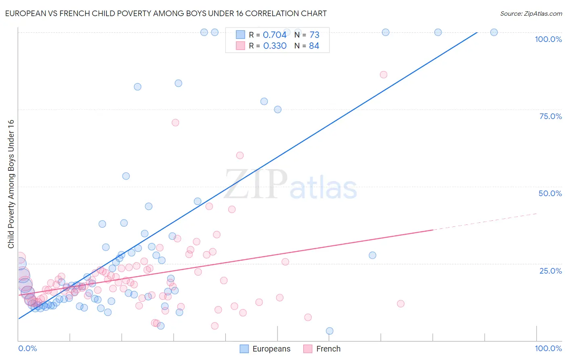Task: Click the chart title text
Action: click(x=166, y=13)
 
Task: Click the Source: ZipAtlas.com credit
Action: click(x=531, y=13)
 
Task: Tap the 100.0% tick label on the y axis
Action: click(x=548, y=39)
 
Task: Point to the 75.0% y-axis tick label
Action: click(x=550, y=116)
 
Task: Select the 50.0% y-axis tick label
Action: click(x=550, y=193)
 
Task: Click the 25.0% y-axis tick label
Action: click(x=550, y=270)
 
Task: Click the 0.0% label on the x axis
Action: click(x=27, y=348)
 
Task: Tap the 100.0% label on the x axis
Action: click(x=548, y=348)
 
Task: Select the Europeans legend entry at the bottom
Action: click(x=265, y=349)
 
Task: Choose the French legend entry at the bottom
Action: click(x=322, y=349)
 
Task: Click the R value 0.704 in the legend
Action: click(x=275, y=35)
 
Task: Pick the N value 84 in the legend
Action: click(x=314, y=46)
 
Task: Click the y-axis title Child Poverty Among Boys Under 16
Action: click(x=11, y=184)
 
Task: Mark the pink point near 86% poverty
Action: click(x=384, y=75)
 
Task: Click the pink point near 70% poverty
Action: click(x=175, y=122)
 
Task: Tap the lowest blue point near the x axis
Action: click(x=329, y=331)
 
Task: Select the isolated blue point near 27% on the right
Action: click(x=372, y=255)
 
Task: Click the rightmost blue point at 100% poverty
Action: click(x=494, y=32)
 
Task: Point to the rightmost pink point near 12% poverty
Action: click(x=400, y=303)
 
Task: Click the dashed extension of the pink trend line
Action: click(x=484, y=222)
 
